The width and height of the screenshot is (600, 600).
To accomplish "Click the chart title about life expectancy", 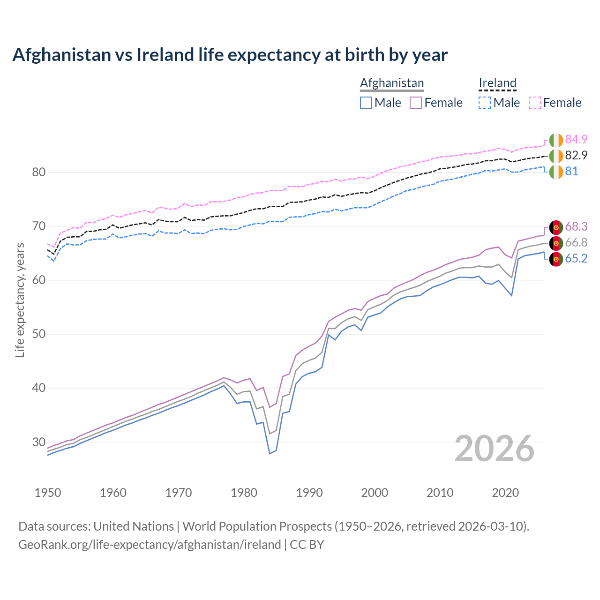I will (230, 55).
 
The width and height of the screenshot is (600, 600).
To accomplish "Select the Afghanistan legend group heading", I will (391, 83).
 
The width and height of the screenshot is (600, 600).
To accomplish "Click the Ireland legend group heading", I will (497, 83).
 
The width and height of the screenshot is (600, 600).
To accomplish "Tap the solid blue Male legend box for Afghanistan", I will (366, 103).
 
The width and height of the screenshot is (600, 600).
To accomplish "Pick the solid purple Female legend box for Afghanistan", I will (416, 103).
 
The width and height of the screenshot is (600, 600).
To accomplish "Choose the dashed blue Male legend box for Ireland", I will (485, 103).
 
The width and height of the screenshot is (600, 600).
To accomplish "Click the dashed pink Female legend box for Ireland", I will (535, 103).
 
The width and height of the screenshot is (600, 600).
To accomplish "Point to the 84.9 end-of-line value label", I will (576, 140).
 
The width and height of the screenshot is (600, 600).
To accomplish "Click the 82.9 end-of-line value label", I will (576, 156).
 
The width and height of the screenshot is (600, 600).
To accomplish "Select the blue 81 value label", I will (571, 172).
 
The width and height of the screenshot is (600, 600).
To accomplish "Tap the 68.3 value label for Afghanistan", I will (576, 227).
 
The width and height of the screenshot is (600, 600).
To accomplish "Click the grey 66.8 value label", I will (576, 243).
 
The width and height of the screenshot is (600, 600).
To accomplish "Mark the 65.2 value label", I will (576, 259).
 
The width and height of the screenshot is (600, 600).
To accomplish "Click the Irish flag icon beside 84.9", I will (556, 140).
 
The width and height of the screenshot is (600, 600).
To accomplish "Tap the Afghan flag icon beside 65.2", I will (556, 259).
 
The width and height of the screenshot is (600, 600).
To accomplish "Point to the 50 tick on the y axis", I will (39, 334).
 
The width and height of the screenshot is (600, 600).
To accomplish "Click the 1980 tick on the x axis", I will (244, 493).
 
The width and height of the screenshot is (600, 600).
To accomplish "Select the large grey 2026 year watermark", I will (495, 449).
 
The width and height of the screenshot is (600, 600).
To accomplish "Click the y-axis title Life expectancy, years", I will (20, 300).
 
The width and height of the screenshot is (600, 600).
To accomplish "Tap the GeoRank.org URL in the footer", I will (150, 545).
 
